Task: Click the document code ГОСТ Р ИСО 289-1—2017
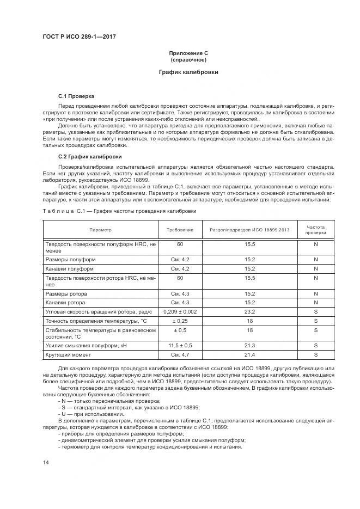(79, 37)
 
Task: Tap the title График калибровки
(188, 72)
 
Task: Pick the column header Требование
(180, 230)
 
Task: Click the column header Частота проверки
(315, 230)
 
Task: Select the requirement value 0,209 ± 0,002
(180, 311)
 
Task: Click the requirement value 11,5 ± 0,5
(180, 345)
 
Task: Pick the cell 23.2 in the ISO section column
(250, 311)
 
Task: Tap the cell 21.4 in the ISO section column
(250, 354)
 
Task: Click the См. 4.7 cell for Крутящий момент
(180, 354)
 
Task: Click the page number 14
(46, 462)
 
